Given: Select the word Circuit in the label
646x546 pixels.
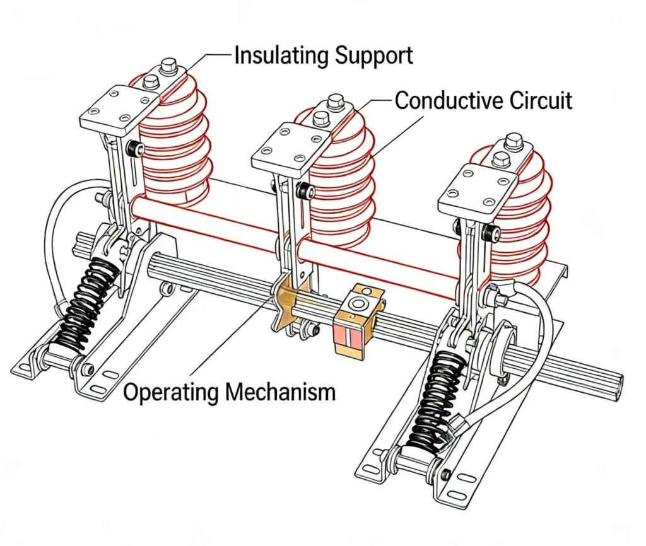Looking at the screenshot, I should pyautogui.click(x=539, y=100).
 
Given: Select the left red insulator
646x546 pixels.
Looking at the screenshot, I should pyautogui.click(x=173, y=145).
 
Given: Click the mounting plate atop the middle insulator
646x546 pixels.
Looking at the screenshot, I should pyautogui.click(x=287, y=149).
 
